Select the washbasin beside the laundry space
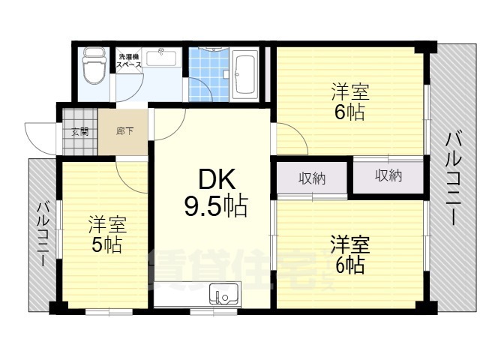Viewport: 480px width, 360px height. pyautogui.click(x=160, y=58)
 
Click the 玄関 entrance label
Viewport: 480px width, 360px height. pyautogui.click(x=79, y=131)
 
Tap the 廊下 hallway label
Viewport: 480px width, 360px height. pyautogui.click(x=125, y=131)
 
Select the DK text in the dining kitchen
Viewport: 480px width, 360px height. pyautogui.click(x=217, y=179)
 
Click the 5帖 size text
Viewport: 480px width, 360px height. pyautogui.click(x=107, y=244)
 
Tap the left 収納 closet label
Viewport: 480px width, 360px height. pyautogui.click(x=312, y=178)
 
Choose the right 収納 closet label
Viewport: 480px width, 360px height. pyautogui.click(x=388, y=175)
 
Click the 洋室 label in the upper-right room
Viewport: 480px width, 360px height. pyautogui.click(x=350, y=94)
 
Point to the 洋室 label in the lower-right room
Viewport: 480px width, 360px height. pyautogui.click(x=350, y=243)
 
